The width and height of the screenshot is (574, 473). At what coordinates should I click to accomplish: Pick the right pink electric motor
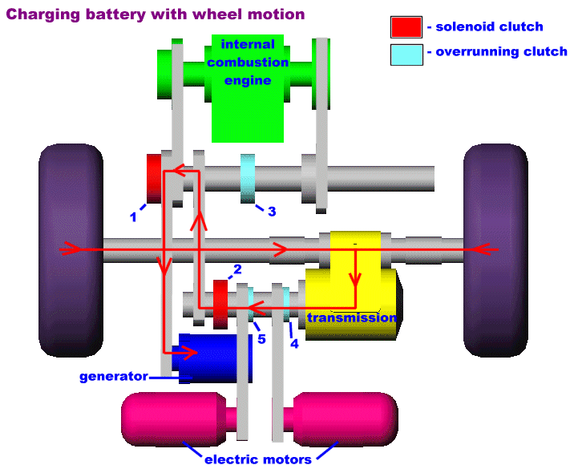coord(346,418)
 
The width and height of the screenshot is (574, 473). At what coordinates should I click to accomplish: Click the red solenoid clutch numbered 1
coord(154,178)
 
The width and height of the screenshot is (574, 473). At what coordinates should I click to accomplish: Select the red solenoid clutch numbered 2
coord(221,305)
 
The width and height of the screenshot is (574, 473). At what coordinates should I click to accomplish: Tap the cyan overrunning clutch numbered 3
coord(248,179)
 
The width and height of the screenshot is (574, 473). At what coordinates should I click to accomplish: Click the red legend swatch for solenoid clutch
coord(406,27)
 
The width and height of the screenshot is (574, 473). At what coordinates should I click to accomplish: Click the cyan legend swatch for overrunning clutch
coord(406,53)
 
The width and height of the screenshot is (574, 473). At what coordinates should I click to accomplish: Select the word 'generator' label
coord(113,376)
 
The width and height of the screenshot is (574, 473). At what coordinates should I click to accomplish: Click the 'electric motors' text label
coord(258,459)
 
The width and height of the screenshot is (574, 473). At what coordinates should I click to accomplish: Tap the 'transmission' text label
coord(351,317)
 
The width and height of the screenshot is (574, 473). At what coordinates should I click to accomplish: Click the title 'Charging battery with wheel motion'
coord(156,14)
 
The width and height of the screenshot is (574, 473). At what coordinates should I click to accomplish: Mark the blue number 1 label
coord(134,216)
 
